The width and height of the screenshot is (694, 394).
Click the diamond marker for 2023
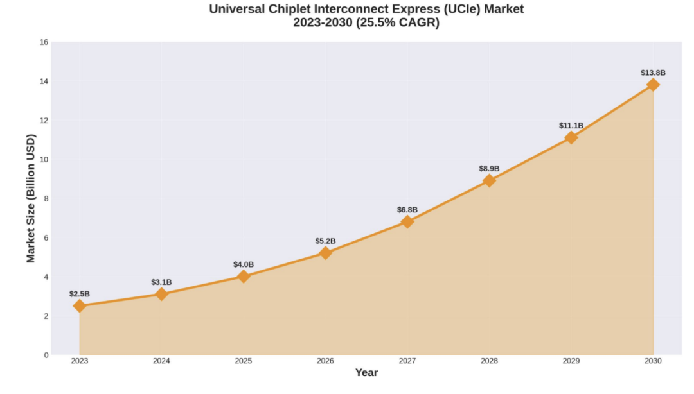(80, 306)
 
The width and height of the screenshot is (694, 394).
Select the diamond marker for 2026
(325, 253)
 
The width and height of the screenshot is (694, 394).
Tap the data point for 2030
(653, 85)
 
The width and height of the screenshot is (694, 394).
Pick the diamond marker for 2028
(489, 180)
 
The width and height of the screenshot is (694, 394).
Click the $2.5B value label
(80, 294)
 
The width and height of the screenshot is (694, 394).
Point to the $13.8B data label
(653, 73)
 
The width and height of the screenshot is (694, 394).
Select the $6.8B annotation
(407, 210)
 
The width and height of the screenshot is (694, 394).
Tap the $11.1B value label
(571, 126)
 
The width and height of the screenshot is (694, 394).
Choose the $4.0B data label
(244, 264)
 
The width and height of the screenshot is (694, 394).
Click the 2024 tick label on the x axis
(161, 361)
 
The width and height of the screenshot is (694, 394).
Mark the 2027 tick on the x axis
(407, 361)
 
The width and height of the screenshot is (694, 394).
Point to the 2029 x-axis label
(571, 361)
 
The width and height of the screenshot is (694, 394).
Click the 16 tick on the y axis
(44, 42)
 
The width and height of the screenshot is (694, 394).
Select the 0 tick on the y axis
(46, 355)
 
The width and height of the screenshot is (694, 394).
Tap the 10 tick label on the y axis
(44, 160)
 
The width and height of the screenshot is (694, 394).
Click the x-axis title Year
(366, 373)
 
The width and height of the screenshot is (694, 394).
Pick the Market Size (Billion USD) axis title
(31, 198)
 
